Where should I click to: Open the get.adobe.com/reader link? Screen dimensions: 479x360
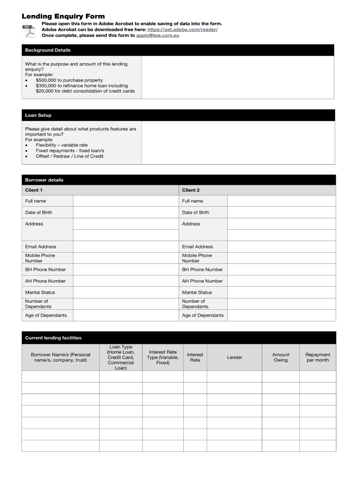point(182,29)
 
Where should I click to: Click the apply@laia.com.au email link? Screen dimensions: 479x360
point(158,36)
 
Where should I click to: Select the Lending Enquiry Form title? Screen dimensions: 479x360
point(63,16)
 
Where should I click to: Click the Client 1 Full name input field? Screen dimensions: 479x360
point(126,201)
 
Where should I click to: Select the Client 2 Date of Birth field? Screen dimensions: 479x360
point(281,212)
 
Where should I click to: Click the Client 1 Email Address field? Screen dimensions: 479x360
point(126,247)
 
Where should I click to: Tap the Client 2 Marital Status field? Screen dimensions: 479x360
point(281,292)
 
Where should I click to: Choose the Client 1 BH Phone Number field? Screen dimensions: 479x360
point(126,269)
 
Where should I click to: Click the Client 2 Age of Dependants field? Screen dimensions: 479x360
point(281,315)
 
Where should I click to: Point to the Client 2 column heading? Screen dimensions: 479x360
point(191,190)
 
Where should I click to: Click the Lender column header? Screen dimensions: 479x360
point(235,357)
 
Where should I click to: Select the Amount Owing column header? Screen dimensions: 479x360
point(281,357)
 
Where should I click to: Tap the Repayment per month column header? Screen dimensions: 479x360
point(317,357)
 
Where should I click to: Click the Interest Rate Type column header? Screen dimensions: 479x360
point(163,357)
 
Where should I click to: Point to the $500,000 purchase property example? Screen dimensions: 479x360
point(69,80)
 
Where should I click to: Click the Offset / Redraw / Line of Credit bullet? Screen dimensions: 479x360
point(70,156)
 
